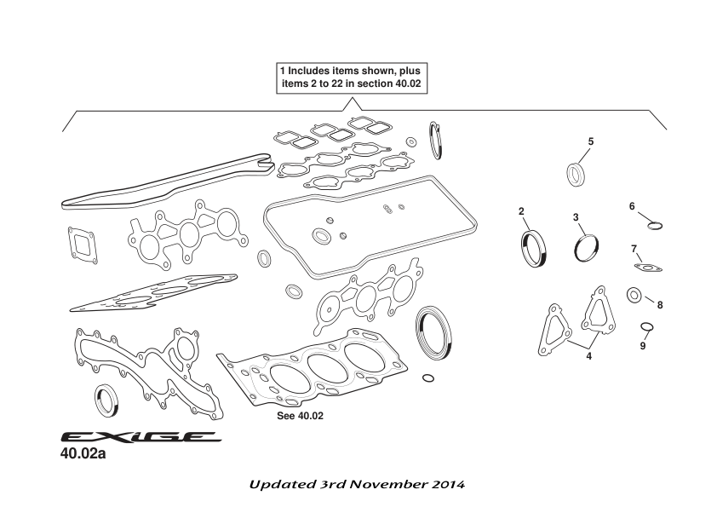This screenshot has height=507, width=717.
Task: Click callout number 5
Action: [x=591, y=140]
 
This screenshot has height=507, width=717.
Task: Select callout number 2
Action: [x=521, y=210]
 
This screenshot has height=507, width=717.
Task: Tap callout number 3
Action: [x=576, y=218]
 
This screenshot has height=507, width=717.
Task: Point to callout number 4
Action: [x=588, y=354]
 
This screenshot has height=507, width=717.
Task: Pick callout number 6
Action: [x=632, y=206]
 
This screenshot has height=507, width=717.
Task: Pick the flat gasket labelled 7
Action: [x=649, y=269]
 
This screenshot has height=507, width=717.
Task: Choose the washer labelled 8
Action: [x=634, y=295]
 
